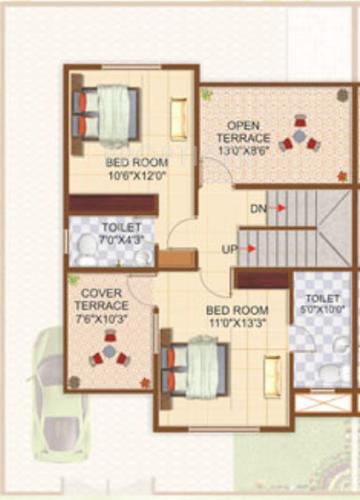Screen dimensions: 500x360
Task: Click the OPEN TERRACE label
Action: pos(243,129)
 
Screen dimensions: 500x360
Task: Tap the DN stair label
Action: pos(258,208)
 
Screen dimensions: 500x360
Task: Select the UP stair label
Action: pos(229,248)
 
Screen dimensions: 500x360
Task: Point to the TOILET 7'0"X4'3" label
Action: pos(114,228)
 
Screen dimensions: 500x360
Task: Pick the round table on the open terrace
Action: pos(298,138)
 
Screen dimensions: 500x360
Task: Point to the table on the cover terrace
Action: pos(108,351)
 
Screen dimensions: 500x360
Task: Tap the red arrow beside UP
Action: pos(252,248)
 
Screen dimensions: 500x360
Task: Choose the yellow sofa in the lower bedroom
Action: pos(272,375)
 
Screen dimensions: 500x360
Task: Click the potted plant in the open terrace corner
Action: pos(207,93)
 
